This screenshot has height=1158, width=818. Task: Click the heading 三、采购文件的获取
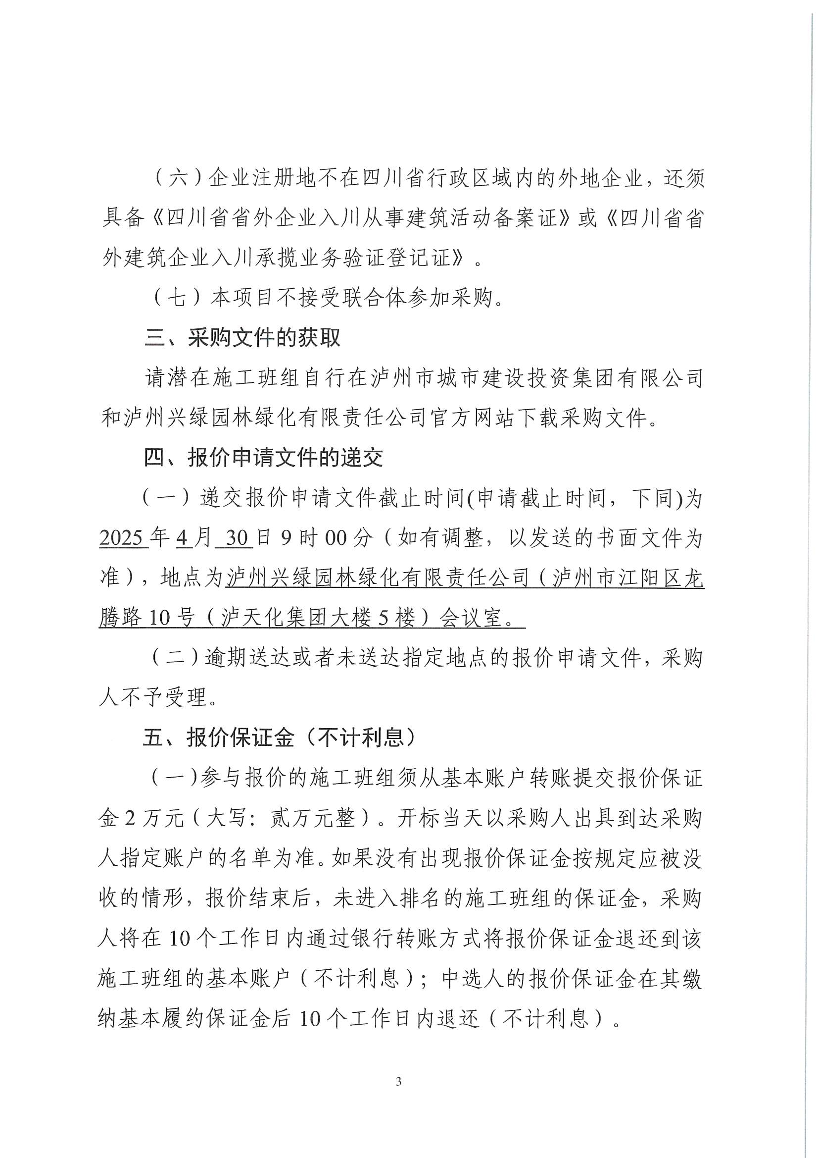(x=242, y=338)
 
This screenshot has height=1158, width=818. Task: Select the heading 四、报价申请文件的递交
(x=264, y=458)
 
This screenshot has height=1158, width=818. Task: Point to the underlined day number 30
(x=235, y=538)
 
